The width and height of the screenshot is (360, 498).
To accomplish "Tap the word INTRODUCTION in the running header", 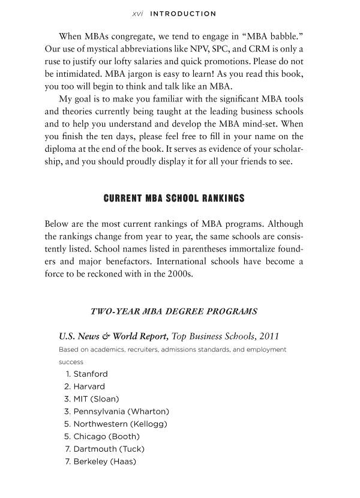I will click(182, 13).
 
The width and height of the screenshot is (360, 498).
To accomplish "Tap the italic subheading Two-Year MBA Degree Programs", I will click(173, 311).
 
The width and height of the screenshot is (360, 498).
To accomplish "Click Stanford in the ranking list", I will click(91, 374).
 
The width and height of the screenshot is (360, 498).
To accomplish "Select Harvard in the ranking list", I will click(89, 386).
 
